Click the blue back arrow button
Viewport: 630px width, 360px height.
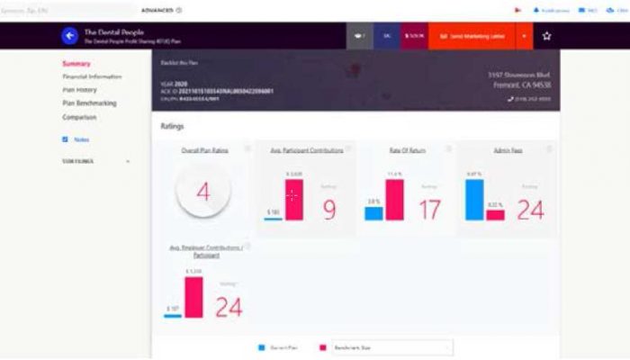pyautogui.click(x=69, y=36)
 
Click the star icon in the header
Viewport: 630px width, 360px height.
pyautogui.click(x=546, y=36)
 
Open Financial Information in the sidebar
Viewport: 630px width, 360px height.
pyautogui.click(x=92, y=76)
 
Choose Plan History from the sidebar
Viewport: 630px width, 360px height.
pyautogui.click(x=80, y=90)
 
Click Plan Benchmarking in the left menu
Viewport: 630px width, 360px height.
pyautogui.click(x=89, y=103)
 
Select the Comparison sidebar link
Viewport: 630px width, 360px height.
pyautogui.click(x=79, y=117)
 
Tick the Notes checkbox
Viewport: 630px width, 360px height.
pyautogui.click(x=65, y=139)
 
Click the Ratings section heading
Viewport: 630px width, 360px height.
pyautogui.click(x=172, y=126)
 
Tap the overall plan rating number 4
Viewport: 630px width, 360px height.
pyautogui.click(x=203, y=192)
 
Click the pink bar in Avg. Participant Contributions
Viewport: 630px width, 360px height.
pyautogui.click(x=293, y=198)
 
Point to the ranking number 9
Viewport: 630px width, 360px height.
pyautogui.click(x=328, y=209)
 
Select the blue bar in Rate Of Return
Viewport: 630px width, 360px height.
pyautogui.click(x=373, y=213)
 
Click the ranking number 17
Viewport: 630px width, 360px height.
pyautogui.click(x=430, y=209)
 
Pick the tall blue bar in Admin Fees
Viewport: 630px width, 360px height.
pyautogui.click(x=474, y=199)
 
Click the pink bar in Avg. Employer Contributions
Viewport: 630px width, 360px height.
pyautogui.click(x=193, y=296)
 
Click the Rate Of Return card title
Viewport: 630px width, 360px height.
pyautogui.click(x=406, y=150)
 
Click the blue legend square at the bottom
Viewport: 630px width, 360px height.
pyautogui.click(x=261, y=346)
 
